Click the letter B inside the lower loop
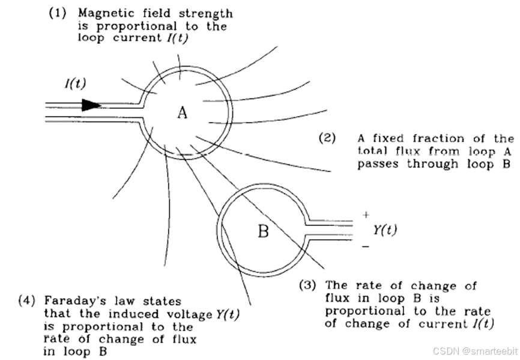[x=263, y=231]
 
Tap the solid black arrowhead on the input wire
[x=91, y=105]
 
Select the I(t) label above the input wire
[x=76, y=84]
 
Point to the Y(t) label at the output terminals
[x=385, y=230]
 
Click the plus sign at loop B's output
[x=366, y=215]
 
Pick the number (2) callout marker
[x=328, y=138]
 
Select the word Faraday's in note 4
[x=71, y=301]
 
